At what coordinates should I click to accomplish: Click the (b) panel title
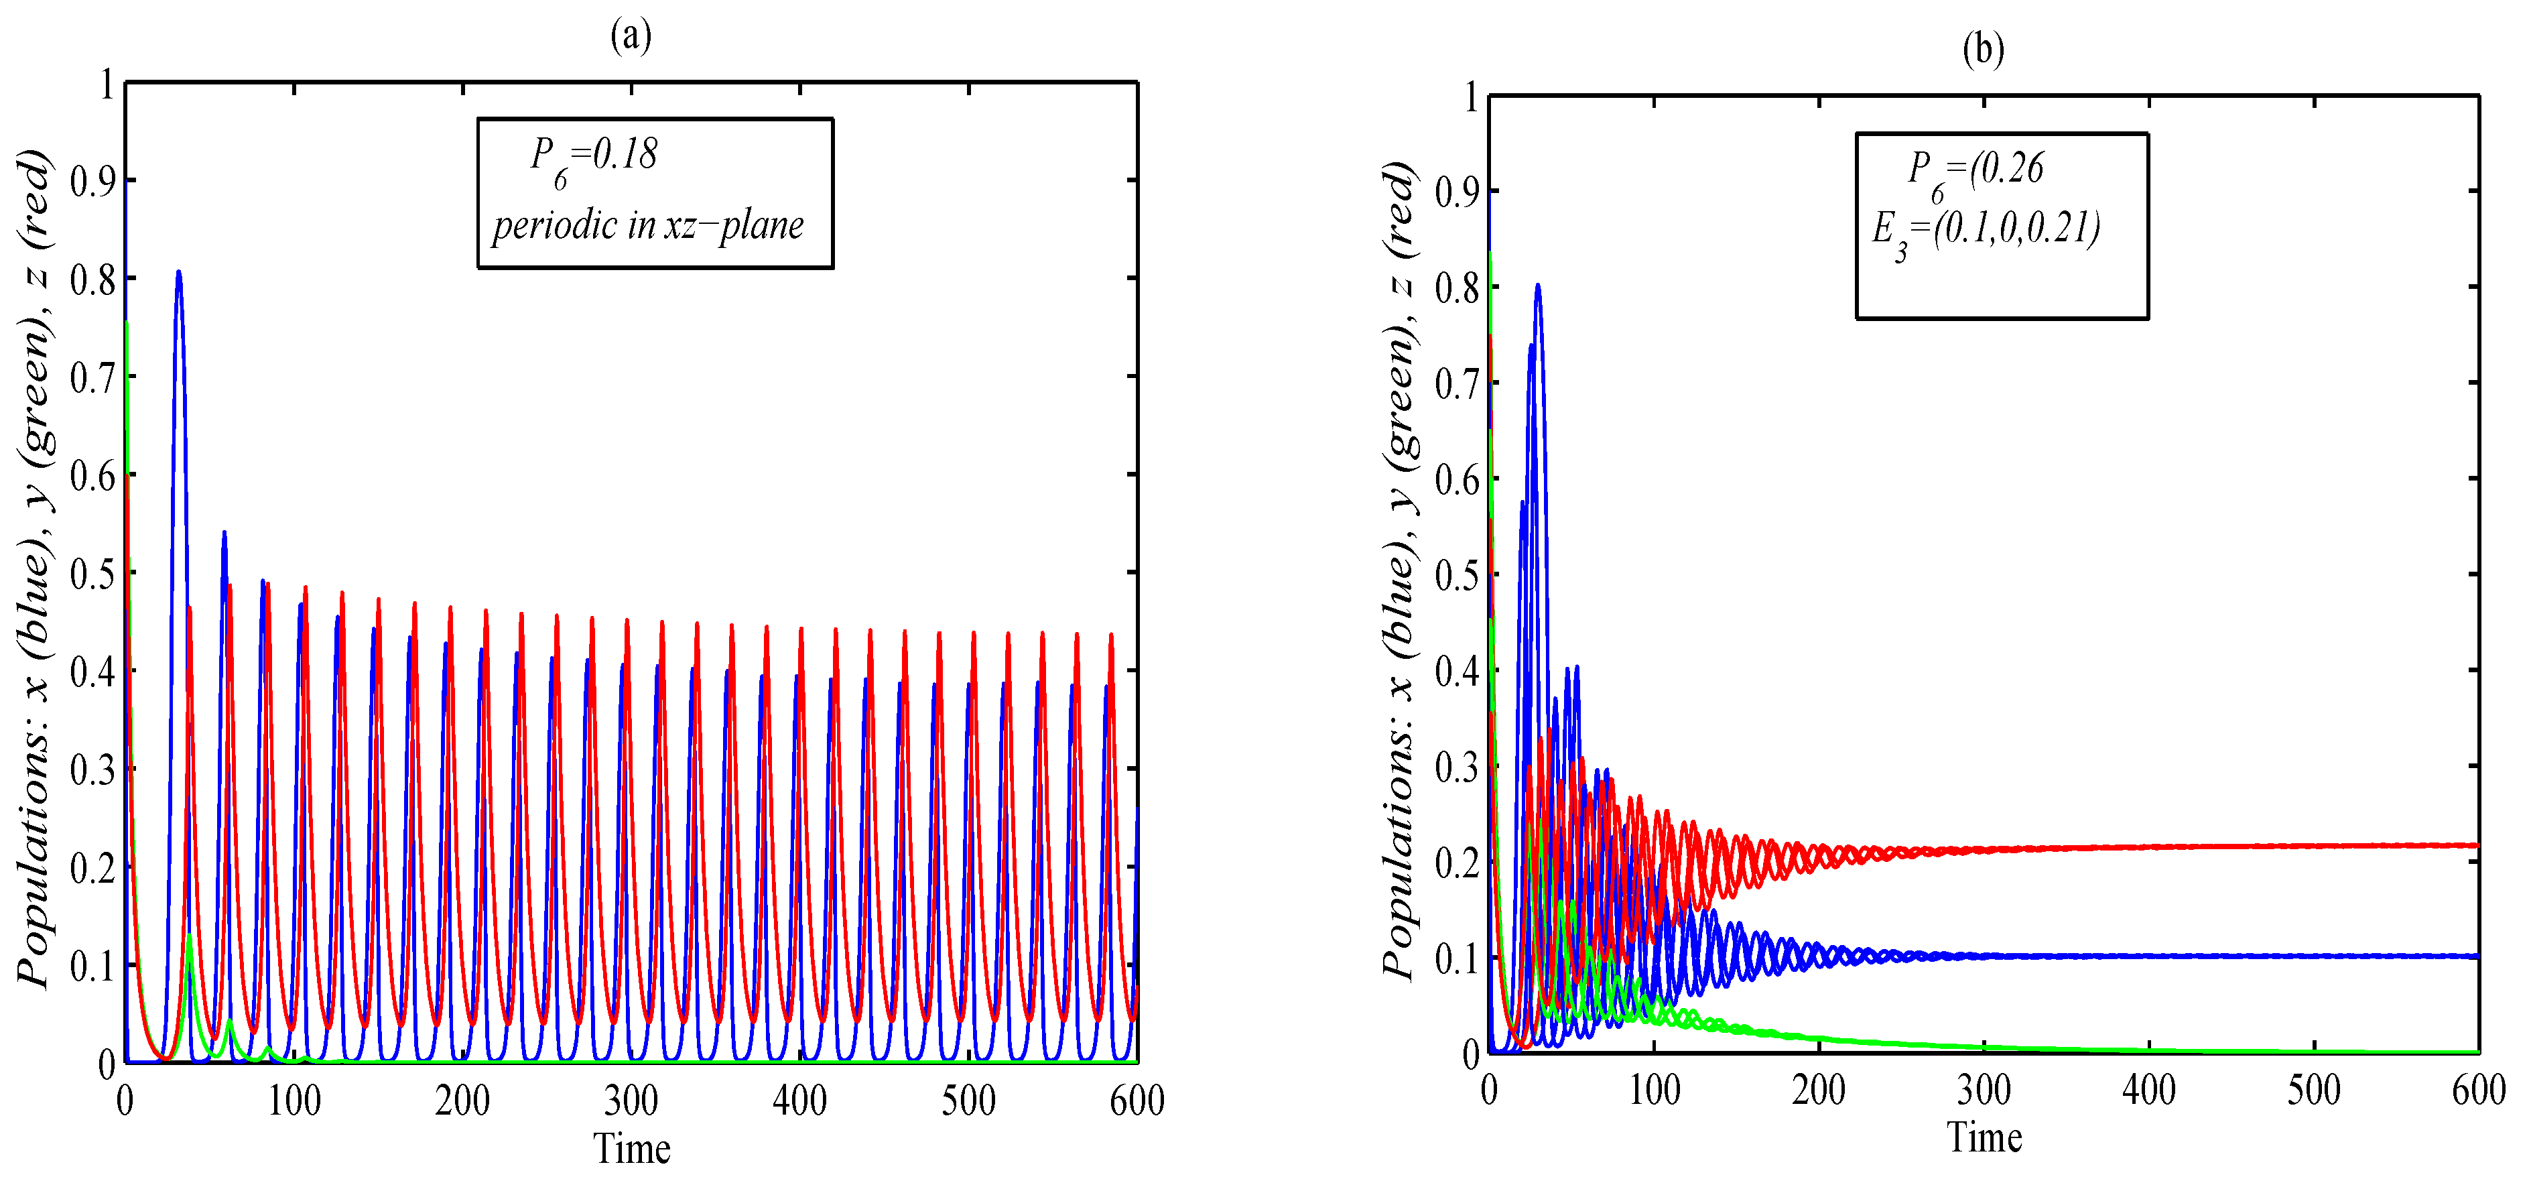coord(1983,48)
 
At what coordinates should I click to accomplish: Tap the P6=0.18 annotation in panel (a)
coord(594,157)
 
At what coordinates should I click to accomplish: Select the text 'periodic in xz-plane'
coord(647,226)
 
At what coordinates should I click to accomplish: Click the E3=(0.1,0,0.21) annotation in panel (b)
coord(1986,231)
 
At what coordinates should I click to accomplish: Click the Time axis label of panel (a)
coord(632,1147)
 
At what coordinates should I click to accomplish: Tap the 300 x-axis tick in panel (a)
coord(631,1101)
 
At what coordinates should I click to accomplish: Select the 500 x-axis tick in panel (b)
coord(2313,1090)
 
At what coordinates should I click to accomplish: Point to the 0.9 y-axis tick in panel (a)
coord(92,182)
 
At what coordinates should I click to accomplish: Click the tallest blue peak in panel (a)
coord(178,273)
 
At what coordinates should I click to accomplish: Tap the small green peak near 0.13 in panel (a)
coord(190,938)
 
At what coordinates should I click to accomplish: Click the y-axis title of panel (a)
coord(34,569)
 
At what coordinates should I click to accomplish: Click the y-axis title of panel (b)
coord(1400,569)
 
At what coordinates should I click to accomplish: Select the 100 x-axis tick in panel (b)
coord(1654,1090)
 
